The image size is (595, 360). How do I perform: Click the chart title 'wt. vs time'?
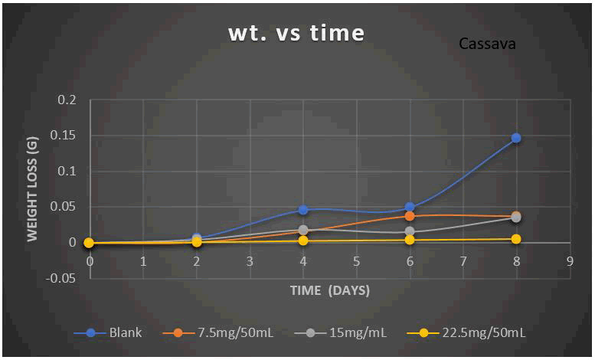click(x=296, y=34)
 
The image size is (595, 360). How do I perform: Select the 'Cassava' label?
click(x=487, y=44)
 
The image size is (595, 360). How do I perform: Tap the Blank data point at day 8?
click(x=516, y=138)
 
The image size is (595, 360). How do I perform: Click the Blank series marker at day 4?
click(x=303, y=210)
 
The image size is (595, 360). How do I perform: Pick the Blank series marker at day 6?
click(x=410, y=207)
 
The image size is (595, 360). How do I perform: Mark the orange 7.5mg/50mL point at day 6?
click(x=410, y=216)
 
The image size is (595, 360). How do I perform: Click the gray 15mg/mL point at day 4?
click(x=303, y=230)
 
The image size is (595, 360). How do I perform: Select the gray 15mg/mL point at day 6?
click(x=410, y=231)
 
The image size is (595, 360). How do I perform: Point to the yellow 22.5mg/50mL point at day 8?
click(x=516, y=239)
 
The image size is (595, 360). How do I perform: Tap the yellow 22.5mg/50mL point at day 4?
click(x=303, y=241)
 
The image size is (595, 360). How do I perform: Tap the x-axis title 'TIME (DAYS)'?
click(x=330, y=290)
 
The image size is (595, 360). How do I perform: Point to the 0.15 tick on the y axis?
click(x=67, y=136)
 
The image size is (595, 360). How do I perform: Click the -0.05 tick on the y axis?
click(x=65, y=278)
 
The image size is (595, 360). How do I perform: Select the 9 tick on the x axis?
click(x=570, y=260)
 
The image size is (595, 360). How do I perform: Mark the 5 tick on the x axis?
click(x=356, y=260)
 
